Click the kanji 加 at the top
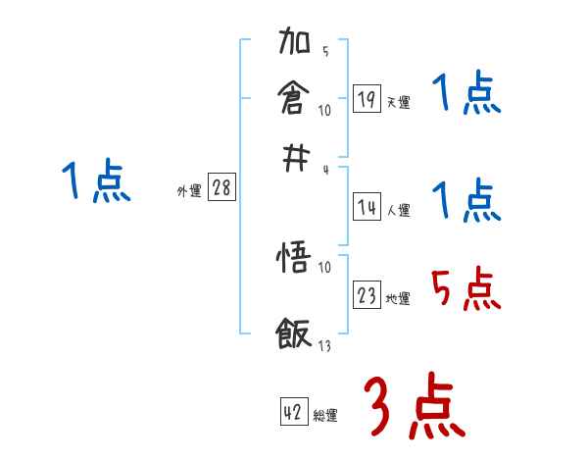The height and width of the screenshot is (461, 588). pyautogui.click(x=295, y=44)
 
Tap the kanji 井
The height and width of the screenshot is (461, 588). pyautogui.click(x=295, y=156)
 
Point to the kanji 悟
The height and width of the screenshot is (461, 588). pyautogui.click(x=295, y=262)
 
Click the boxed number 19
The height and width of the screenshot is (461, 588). pyautogui.click(x=367, y=99)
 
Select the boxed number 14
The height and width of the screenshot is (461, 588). pyautogui.click(x=367, y=207)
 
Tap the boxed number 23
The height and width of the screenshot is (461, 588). pyautogui.click(x=367, y=295)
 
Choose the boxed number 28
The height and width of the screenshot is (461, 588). pyautogui.click(x=221, y=188)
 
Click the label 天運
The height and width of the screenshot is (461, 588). pyautogui.click(x=398, y=102)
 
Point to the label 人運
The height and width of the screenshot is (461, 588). pyautogui.click(x=398, y=210)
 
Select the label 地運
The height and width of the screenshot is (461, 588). pyautogui.click(x=398, y=298)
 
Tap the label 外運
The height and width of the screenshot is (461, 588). pyautogui.click(x=188, y=191)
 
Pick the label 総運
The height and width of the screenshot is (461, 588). pyautogui.click(x=325, y=416)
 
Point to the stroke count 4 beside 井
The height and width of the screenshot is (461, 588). pyautogui.click(x=325, y=170)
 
